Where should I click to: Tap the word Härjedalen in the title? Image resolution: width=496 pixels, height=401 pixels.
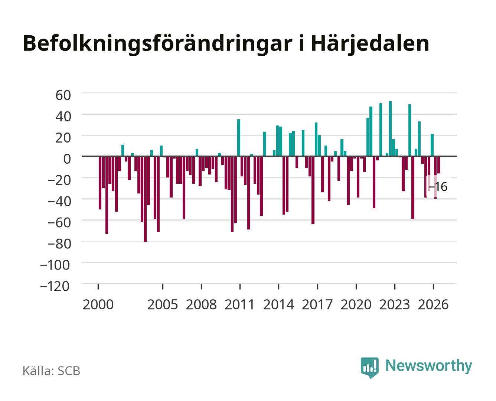370,43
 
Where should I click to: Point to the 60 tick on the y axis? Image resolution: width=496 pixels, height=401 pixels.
63,95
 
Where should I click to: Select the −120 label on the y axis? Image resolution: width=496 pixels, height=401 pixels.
55,286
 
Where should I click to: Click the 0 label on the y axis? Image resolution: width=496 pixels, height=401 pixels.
67,159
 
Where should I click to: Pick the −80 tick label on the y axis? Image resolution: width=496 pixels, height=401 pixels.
59,244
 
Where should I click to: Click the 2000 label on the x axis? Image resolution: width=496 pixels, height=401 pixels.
98,304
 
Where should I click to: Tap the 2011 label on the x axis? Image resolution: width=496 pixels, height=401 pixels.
239,304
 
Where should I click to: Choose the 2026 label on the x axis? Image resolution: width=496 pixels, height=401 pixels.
433,304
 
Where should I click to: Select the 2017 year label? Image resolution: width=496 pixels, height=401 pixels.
317,304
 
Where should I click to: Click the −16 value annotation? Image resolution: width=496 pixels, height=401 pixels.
438,187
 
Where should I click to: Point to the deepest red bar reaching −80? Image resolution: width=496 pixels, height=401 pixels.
145,199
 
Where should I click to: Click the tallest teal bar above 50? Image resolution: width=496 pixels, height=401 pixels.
390,128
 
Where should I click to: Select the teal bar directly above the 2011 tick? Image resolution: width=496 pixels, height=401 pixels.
239,138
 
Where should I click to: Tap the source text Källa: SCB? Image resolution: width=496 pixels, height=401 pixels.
52,371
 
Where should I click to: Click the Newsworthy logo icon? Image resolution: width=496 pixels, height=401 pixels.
369,367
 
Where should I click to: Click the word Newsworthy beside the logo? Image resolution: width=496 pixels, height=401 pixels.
429,366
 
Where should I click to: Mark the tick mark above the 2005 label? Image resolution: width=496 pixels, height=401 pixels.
163,287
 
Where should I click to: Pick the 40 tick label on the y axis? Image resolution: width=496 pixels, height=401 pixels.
63,117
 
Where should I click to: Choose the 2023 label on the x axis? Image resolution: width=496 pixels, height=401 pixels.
395,304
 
